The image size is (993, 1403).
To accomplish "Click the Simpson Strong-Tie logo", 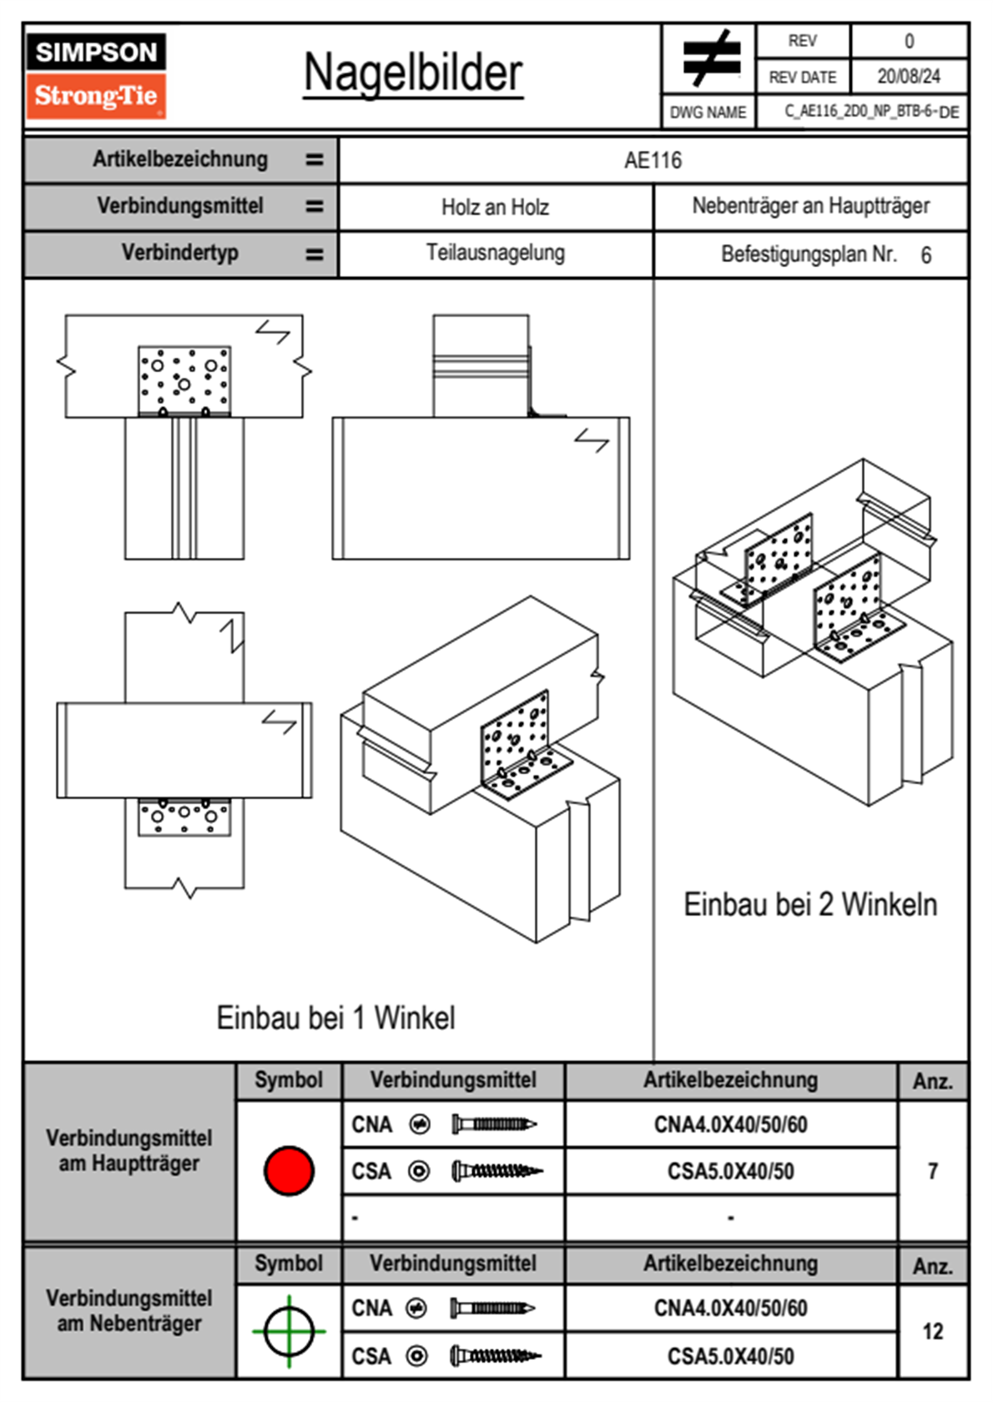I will tap(96, 76).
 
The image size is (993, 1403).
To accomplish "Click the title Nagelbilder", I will tap(413, 73).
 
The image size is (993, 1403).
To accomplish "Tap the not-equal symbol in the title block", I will tap(710, 58).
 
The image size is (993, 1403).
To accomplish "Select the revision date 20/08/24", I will tap(908, 77).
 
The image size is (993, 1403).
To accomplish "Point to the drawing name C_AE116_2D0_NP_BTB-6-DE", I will tap(870, 112).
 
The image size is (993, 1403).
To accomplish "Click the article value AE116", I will tap(653, 160).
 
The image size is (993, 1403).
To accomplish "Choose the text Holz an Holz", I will tap(495, 207).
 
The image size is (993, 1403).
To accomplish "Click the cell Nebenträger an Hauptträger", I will tap(810, 206).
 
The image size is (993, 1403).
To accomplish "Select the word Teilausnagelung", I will tap(495, 253).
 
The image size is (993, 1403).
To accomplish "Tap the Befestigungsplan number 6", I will tap(925, 255).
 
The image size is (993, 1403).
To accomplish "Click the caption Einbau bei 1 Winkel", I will tap(335, 1018).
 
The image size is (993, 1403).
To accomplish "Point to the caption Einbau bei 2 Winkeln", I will tap(809, 904).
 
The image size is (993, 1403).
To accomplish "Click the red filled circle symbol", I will tap(289, 1170).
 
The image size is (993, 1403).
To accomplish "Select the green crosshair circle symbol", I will tap(289, 1331).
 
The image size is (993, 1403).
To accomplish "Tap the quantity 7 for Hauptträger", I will tap(932, 1171).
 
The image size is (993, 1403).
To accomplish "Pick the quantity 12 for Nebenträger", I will tap(932, 1331).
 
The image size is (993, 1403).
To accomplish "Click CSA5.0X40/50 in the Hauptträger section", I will tap(730, 1172).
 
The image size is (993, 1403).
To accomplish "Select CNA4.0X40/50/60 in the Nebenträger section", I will tap(730, 1308).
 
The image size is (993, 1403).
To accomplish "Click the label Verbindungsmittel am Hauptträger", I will tap(129, 1150).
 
